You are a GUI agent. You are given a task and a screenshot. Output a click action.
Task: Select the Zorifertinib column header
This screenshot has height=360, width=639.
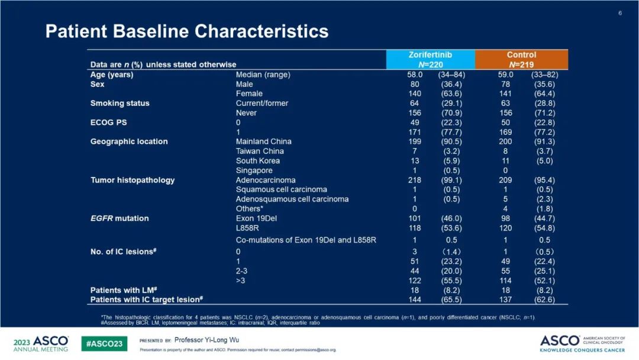click(x=430, y=59)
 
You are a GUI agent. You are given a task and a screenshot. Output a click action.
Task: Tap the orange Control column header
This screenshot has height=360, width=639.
click(x=521, y=59)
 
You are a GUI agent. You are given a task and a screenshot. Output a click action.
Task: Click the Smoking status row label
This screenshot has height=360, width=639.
click(x=120, y=103)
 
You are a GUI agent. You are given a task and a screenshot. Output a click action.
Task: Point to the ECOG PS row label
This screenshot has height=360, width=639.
click(x=108, y=123)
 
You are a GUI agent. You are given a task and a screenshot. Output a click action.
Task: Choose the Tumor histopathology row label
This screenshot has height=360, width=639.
click(x=132, y=180)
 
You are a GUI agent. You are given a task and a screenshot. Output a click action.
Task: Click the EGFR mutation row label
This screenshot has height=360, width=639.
click(x=119, y=218)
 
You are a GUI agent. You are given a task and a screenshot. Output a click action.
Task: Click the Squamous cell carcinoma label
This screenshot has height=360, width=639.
click(x=281, y=189)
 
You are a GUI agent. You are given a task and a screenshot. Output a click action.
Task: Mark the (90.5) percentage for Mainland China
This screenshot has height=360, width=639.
click(x=451, y=142)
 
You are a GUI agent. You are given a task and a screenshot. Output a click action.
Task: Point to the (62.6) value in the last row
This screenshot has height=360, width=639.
click(x=543, y=300)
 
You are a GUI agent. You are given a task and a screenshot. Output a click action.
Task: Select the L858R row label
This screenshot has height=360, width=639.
click(x=248, y=228)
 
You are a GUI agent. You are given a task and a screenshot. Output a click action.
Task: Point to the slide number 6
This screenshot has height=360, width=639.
click(x=620, y=13)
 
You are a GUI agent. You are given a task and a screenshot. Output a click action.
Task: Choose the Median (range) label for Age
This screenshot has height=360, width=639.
click(x=263, y=75)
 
